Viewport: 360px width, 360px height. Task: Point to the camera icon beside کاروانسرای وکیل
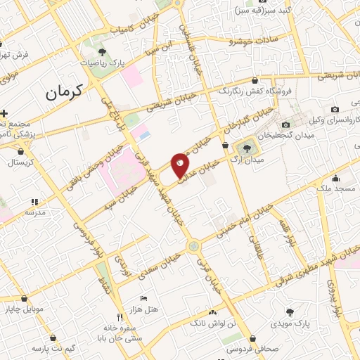[x=334, y=110]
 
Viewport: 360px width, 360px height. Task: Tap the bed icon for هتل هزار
[x=144, y=298]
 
